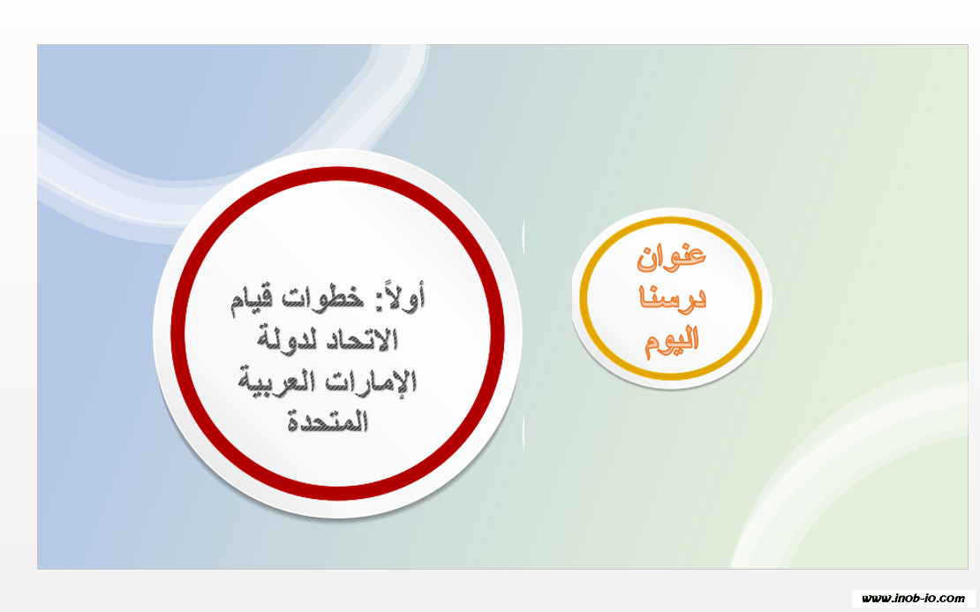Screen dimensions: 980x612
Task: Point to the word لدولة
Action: coord(285,339)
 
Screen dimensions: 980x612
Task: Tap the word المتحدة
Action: coord(328,420)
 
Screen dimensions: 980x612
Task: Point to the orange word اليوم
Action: coord(672,341)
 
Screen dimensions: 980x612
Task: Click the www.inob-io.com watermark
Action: coord(913,598)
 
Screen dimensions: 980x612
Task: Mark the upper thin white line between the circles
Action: coord(524,238)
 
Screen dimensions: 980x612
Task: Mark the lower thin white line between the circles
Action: coord(524,434)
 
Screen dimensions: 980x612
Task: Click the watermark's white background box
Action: coord(913,598)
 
